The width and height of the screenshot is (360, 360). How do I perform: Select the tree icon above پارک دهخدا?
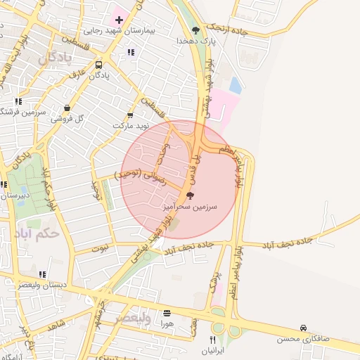(x=195, y=30)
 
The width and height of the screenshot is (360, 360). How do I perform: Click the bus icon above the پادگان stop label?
(x=98, y=65)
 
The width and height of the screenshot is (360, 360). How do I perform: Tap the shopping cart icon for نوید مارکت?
(x=130, y=115)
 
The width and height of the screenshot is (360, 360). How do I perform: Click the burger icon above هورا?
(x=167, y=313)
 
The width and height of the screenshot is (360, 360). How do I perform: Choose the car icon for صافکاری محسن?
(x=303, y=328)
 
